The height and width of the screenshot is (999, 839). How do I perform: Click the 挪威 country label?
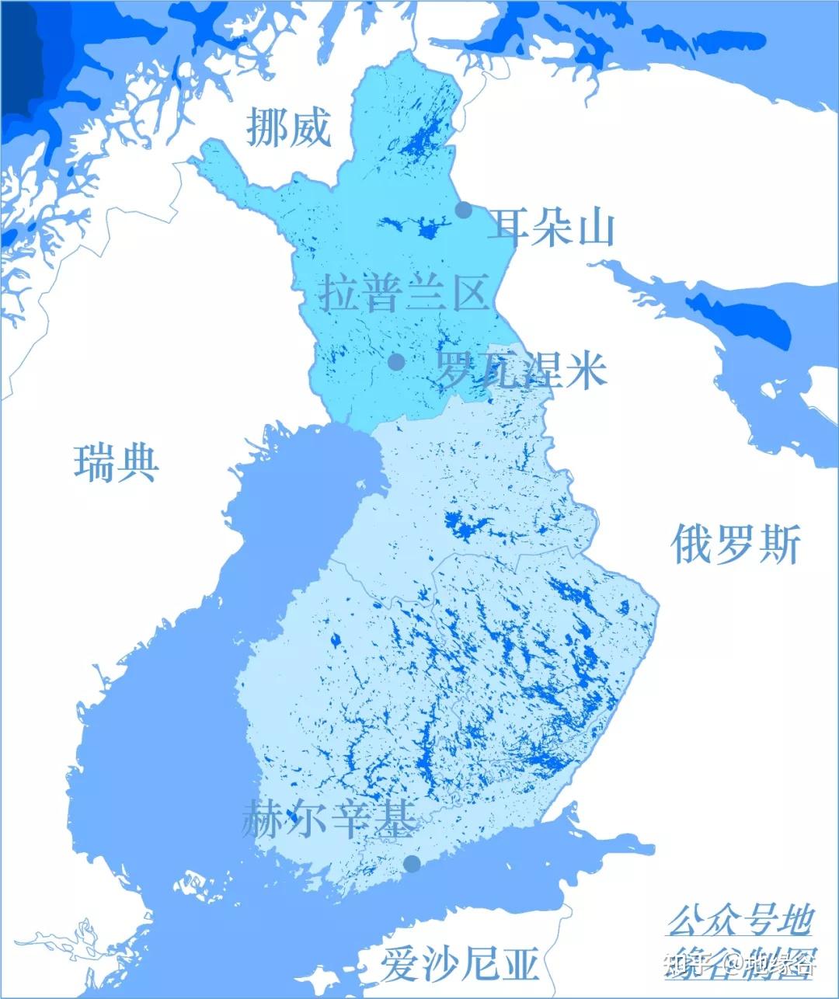coord(288,127)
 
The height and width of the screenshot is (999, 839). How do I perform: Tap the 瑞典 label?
coord(117,462)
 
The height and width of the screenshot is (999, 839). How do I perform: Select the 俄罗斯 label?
coord(735,543)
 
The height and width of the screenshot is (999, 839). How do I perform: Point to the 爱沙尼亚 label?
coord(459,964)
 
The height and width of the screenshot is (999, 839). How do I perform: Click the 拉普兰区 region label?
coord(404,292)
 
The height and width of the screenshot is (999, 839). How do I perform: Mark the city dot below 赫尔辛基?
coord(412,864)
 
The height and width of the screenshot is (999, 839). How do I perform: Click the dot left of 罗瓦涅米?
coord(396,361)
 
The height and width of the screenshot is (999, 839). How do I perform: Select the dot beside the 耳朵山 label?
coord(464,210)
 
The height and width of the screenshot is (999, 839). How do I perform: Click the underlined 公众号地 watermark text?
coord(740,921)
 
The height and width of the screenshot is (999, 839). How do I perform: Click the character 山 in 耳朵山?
coord(596,227)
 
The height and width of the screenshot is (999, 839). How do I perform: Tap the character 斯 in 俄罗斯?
coord(780,543)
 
